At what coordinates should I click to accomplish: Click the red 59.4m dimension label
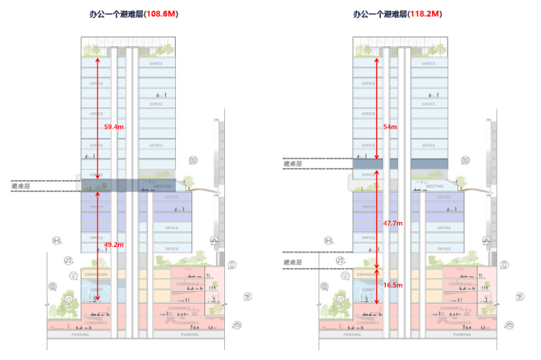click(114, 127)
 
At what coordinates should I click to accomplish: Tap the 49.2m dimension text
click(114, 245)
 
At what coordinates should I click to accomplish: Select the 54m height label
click(390, 127)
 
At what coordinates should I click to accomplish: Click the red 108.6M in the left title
click(161, 14)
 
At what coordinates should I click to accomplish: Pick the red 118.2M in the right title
click(434, 14)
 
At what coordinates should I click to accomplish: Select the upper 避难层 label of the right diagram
click(293, 164)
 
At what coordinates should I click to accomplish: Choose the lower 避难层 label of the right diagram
click(293, 263)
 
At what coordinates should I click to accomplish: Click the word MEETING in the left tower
click(164, 186)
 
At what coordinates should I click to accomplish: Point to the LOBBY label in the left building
click(97, 290)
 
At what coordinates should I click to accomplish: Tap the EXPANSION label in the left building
click(97, 274)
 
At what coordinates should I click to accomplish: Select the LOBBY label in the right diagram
click(368, 290)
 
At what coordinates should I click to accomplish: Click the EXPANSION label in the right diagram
click(367, 274)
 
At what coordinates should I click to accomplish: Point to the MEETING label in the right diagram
click(436, 186)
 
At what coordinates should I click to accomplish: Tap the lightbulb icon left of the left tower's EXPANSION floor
click(72, 275)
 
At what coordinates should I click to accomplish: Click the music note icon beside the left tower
click(68, 260)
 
